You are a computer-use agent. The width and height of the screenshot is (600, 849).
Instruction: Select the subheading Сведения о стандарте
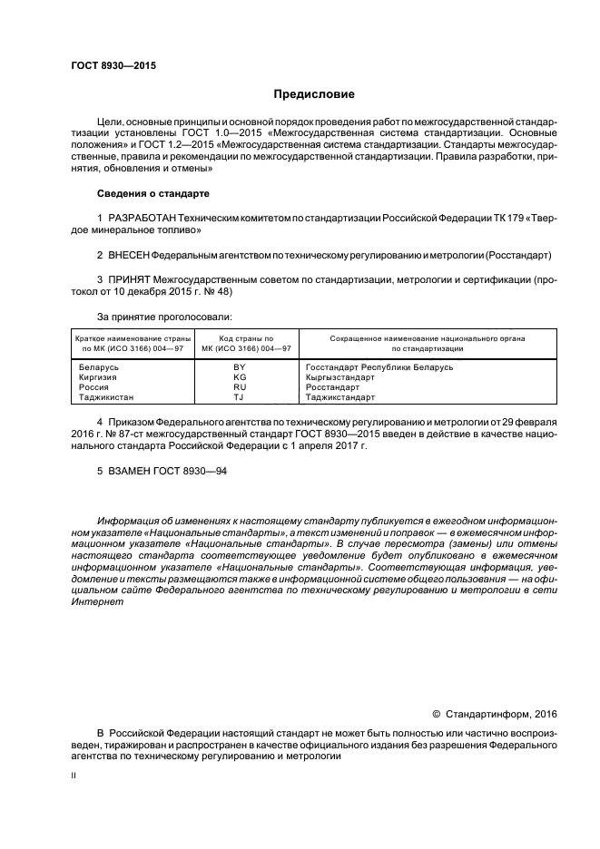(x=152, y=194)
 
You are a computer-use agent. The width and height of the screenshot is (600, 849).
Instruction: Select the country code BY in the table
(x=240, y=367)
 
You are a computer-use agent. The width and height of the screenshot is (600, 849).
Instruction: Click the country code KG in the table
(x=240, y=377)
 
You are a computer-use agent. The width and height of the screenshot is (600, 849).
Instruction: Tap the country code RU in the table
(x=240, y=387)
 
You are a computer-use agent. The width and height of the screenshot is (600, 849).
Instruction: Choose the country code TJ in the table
(x=240, y=397)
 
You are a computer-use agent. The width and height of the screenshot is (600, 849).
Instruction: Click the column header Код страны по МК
(x=240, y=343)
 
